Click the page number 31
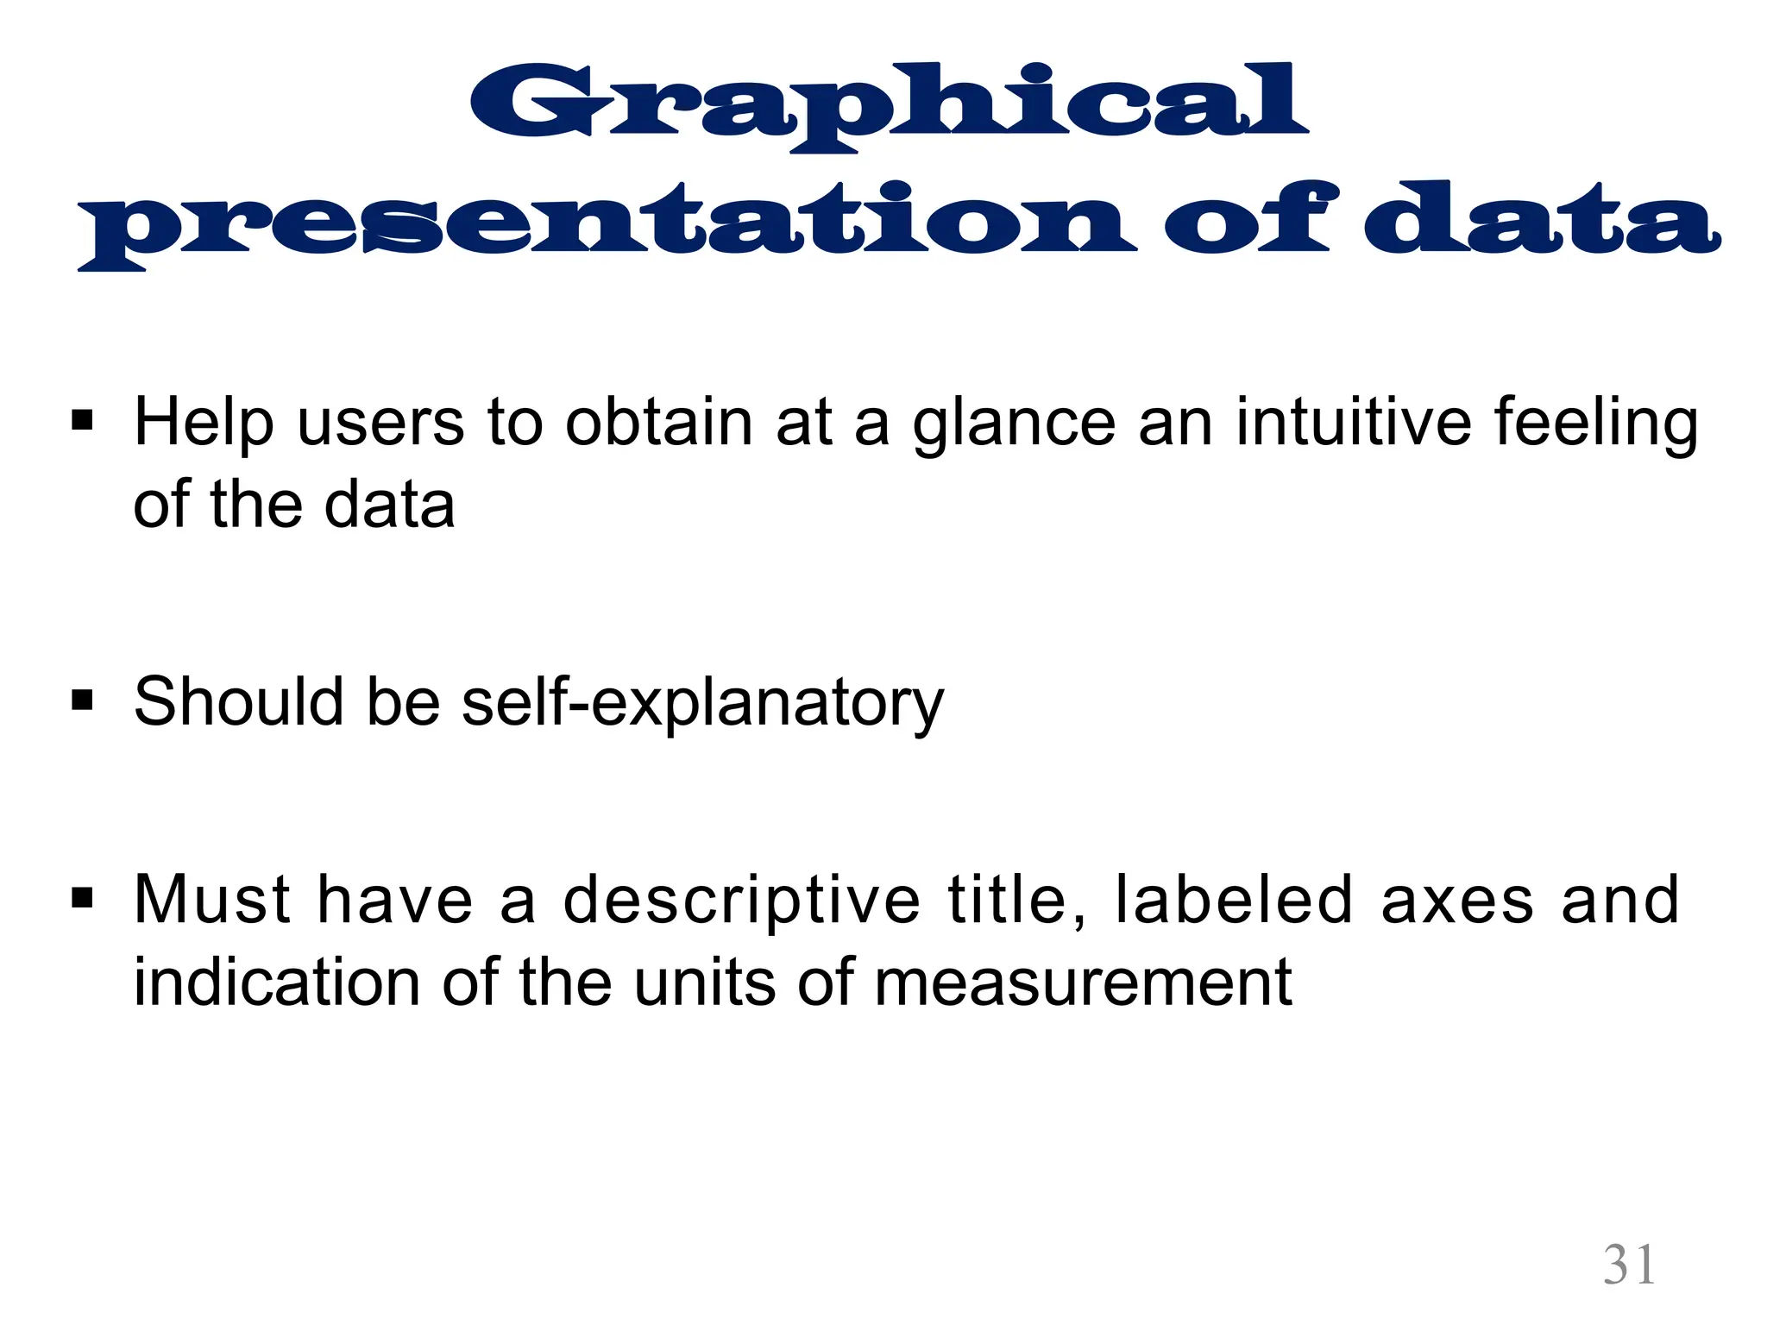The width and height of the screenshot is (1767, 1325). click(1629, 1265)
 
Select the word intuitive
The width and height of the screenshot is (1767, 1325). click(1353, 423)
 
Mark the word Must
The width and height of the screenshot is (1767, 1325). click(212, 901)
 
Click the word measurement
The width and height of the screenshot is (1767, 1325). click(1083, 984)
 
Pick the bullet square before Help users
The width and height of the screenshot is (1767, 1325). click(83, 422)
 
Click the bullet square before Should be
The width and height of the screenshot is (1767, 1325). click(83, 699)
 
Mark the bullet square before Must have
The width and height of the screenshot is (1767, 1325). click(83, 899)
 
